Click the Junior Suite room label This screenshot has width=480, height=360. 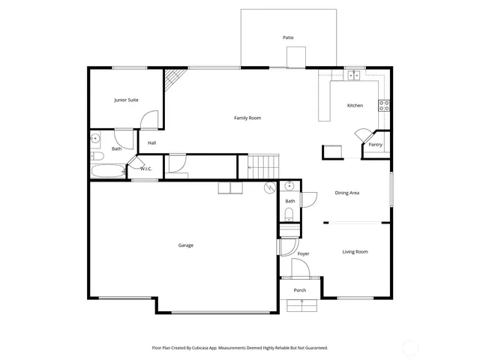click(126, 100)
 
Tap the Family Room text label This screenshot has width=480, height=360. click(247, 118)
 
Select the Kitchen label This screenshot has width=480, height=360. click(355, 105)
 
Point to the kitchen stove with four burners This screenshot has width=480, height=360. click(384, 105)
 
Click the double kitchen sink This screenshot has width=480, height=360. click(353, 75)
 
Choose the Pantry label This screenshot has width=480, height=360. click(375, 144)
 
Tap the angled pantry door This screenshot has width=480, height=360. click(361, 135)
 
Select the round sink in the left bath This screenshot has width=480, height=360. click(95, 139)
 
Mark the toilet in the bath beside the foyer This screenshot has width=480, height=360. click(289, 214)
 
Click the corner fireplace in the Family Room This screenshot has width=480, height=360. click(175, 77)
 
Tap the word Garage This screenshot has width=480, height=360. click(186, 245)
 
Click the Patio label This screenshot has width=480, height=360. click(288, 37)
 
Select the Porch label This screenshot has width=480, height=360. click(300, 290)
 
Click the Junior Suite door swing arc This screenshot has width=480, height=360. click(150, 118)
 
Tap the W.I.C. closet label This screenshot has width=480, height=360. click(146, 169)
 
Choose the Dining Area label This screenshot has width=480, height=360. click(346, 193)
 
